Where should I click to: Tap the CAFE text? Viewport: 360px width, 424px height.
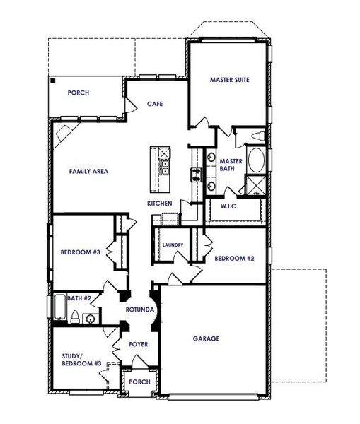click(x=155, y=104)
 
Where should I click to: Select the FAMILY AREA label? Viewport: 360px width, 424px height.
click(x=88, y=171)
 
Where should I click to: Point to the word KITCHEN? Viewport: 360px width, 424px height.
click(x=160, y=204)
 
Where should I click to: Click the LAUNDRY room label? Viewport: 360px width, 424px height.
click(x=173, y=245)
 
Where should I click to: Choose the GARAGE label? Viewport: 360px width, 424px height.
click(x=207, y=338)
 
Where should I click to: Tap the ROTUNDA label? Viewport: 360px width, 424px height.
click(x=140, y=310)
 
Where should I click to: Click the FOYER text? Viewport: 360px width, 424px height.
click(x=138, y=344)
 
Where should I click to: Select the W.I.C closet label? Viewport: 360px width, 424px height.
click(x=228, y=206)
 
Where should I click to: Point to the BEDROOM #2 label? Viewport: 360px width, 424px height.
click(x=234, y=259)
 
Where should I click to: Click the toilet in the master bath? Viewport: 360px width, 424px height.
click(x=258, y=135)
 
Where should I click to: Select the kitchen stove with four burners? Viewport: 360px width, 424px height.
click(x=195, y=174)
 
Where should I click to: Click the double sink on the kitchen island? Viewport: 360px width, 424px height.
click(x=164, y=167)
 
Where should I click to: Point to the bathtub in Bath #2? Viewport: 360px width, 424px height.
click(x=59, y=307)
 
